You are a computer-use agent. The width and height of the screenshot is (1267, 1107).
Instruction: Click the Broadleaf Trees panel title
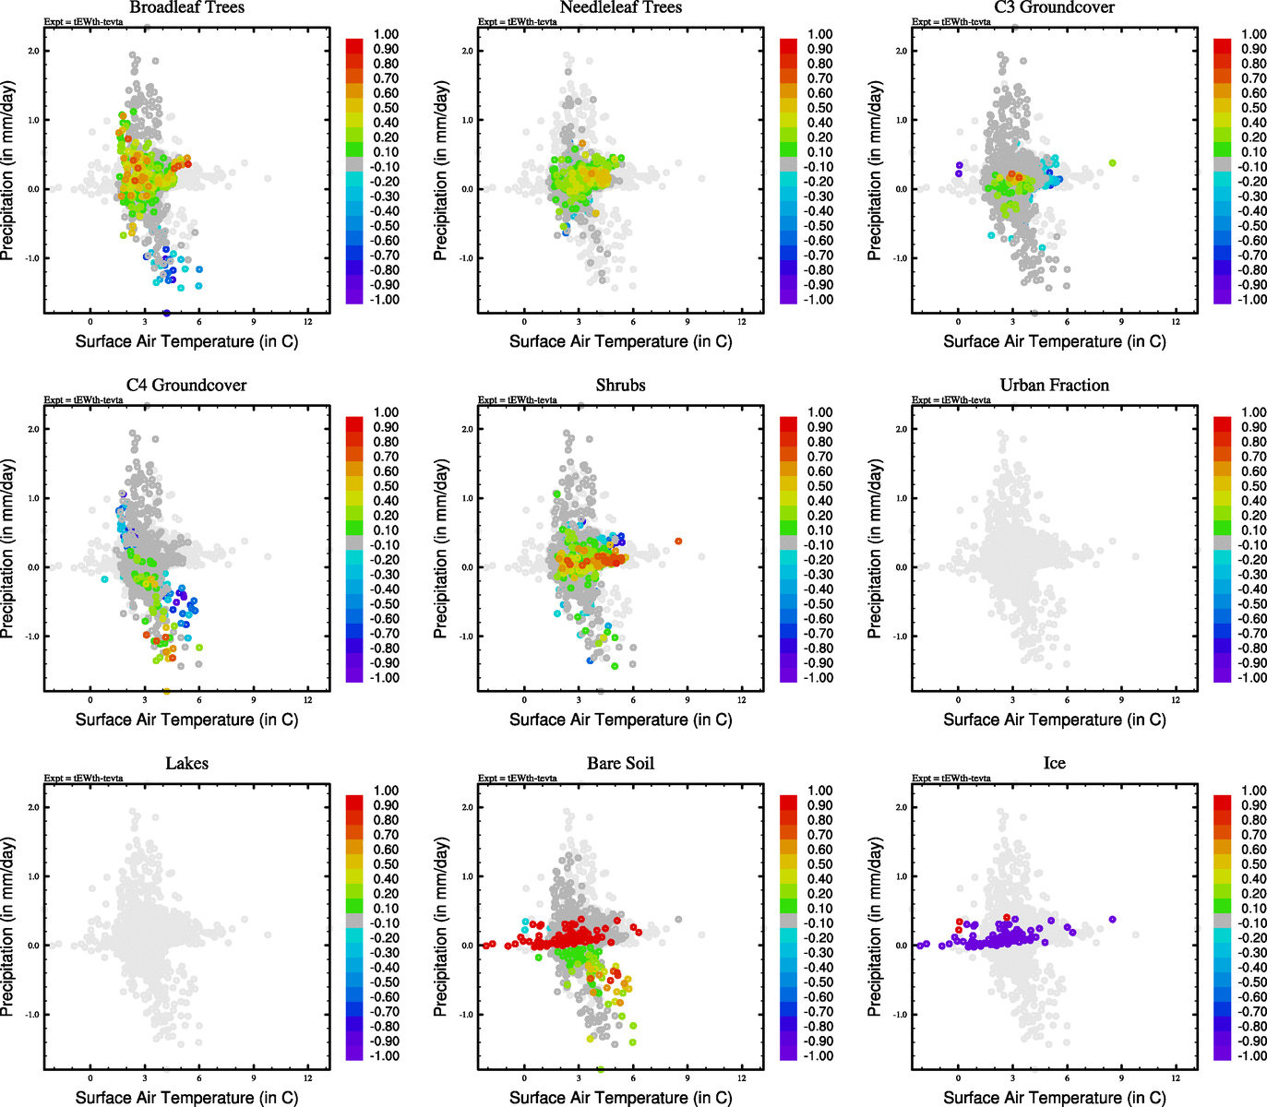pos(186,7)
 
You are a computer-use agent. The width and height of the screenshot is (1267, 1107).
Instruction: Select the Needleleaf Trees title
pos(620,7)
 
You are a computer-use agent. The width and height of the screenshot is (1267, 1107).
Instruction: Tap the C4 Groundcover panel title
pos(186,386)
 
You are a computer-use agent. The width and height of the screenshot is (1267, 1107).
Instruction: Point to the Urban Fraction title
pos(1054,386)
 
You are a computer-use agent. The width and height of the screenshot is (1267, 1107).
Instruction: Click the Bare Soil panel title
pos(620,764)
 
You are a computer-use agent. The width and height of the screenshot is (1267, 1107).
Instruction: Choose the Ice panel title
pos(1054,764)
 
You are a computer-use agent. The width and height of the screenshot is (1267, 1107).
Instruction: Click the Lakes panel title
pos(186,764)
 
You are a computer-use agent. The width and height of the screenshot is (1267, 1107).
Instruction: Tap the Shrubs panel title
pos(620,386)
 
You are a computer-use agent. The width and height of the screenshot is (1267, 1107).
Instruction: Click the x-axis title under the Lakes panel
pos(186,1098)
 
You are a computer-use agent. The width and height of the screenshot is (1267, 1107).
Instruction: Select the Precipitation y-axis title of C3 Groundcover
pos(874,171)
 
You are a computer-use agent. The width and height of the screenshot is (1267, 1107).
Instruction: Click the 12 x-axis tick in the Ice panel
pos(1176,1077)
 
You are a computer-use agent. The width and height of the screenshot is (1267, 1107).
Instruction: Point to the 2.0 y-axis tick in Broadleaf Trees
pos(33,51)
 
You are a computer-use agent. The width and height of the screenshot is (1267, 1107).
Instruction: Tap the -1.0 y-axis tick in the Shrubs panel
pos(466,637)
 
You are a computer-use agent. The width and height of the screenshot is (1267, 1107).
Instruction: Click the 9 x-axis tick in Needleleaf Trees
pos(687,321)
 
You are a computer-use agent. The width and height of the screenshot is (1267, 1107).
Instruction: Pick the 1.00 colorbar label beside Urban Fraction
pos(1253,412)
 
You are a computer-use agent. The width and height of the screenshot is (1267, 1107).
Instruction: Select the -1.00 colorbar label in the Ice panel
pos(1253,1055)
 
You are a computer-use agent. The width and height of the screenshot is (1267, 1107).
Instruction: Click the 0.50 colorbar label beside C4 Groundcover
pos(386,486)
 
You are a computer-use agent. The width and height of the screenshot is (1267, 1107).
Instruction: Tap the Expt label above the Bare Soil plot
pos(517,778)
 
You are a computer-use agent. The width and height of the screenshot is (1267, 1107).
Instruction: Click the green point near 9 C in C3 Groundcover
pos(1113,163)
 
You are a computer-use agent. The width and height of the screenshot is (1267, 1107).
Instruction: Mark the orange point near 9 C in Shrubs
pos(678,542)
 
